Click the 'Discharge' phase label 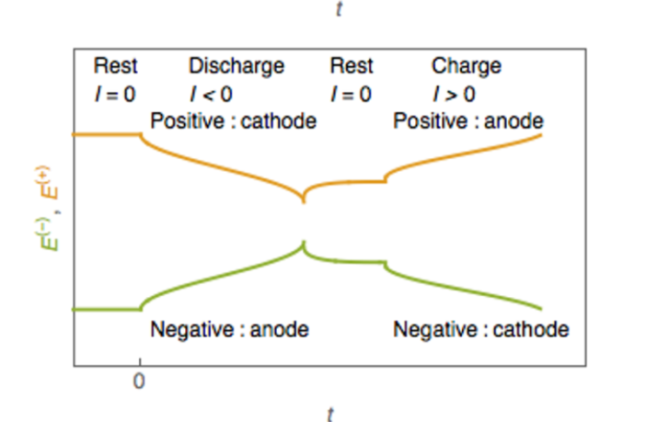click(x=236, y=66)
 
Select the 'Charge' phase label click(x=467, y=66)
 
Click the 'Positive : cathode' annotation click(x=233, y=121)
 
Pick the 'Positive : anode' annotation click(x=467, y=121)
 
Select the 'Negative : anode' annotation click(x=228, y=329)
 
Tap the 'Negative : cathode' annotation click(x=480, y=329)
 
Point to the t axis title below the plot click(x=329, y=413)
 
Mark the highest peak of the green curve click(x=304, y=243)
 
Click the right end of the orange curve click(x=540, y=135)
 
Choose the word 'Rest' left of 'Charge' click(x=352, y=66)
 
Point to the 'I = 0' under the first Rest click(x=115, y=93)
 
